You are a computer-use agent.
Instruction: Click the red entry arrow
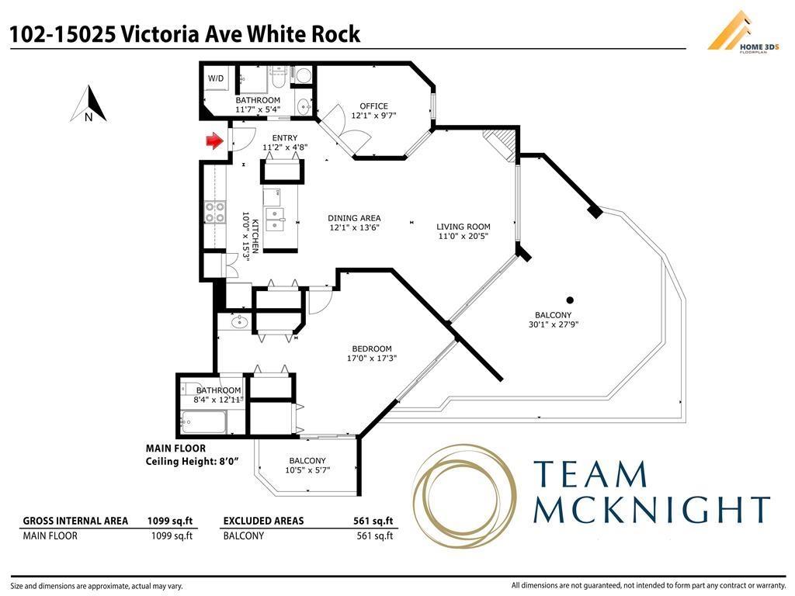[x=214, y=140]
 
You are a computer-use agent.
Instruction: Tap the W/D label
[x=215, y=78]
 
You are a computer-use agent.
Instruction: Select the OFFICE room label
[x=373, y=106]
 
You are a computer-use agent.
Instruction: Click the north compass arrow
[x=89, y=105]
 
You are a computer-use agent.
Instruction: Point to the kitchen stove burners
[x=214, y=212]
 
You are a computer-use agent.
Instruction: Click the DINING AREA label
[x=354, y=218]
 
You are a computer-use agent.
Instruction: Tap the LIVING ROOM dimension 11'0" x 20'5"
[x=463, y=237]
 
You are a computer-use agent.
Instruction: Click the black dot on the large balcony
[x=570, y=300]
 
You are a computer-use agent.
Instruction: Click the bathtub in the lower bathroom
[x=203, y=423]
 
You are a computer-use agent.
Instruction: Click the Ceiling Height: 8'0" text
[x=192, y=461]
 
